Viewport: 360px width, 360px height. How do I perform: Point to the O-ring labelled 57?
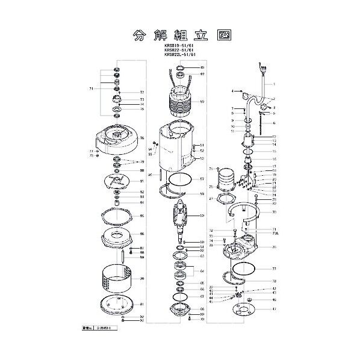(178, 179)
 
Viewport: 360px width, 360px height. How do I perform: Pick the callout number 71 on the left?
(92, 88)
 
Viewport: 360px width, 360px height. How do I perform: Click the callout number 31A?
(275, 234)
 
